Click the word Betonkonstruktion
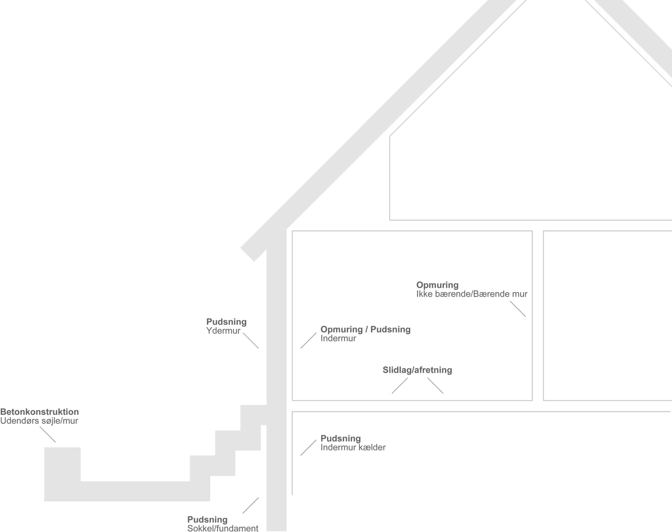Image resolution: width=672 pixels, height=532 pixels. point(40,412)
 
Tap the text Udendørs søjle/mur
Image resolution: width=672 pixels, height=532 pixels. point(39,421)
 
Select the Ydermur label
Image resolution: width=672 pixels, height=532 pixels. point(223,331)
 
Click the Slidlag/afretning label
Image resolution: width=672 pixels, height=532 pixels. point(417,370)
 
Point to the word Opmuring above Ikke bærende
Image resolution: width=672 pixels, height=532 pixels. point(437,285)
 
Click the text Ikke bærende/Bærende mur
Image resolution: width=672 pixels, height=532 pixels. point(472,294)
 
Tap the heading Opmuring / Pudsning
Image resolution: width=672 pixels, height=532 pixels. point(365,329)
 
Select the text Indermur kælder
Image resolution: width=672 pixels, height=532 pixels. point(353,447)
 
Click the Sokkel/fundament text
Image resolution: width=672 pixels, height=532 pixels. point(223,528)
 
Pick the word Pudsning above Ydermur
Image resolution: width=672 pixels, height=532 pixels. point(226,322)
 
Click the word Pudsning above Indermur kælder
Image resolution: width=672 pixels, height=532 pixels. point(341,438)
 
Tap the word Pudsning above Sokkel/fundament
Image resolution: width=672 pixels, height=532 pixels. point(207,519)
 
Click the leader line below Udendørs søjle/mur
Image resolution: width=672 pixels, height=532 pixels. point(48,434)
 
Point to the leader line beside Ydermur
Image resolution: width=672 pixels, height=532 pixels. point(251,341)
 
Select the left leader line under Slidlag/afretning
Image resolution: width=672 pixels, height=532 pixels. point(400,385)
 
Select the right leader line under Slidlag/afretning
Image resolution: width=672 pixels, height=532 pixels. point(435,385)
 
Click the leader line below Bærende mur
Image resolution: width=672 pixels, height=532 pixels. point(518,309)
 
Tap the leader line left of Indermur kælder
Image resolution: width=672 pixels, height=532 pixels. point(308,448)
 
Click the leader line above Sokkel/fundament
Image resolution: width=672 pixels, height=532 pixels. point(251,505)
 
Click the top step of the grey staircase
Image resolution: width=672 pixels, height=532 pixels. point(253,415)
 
